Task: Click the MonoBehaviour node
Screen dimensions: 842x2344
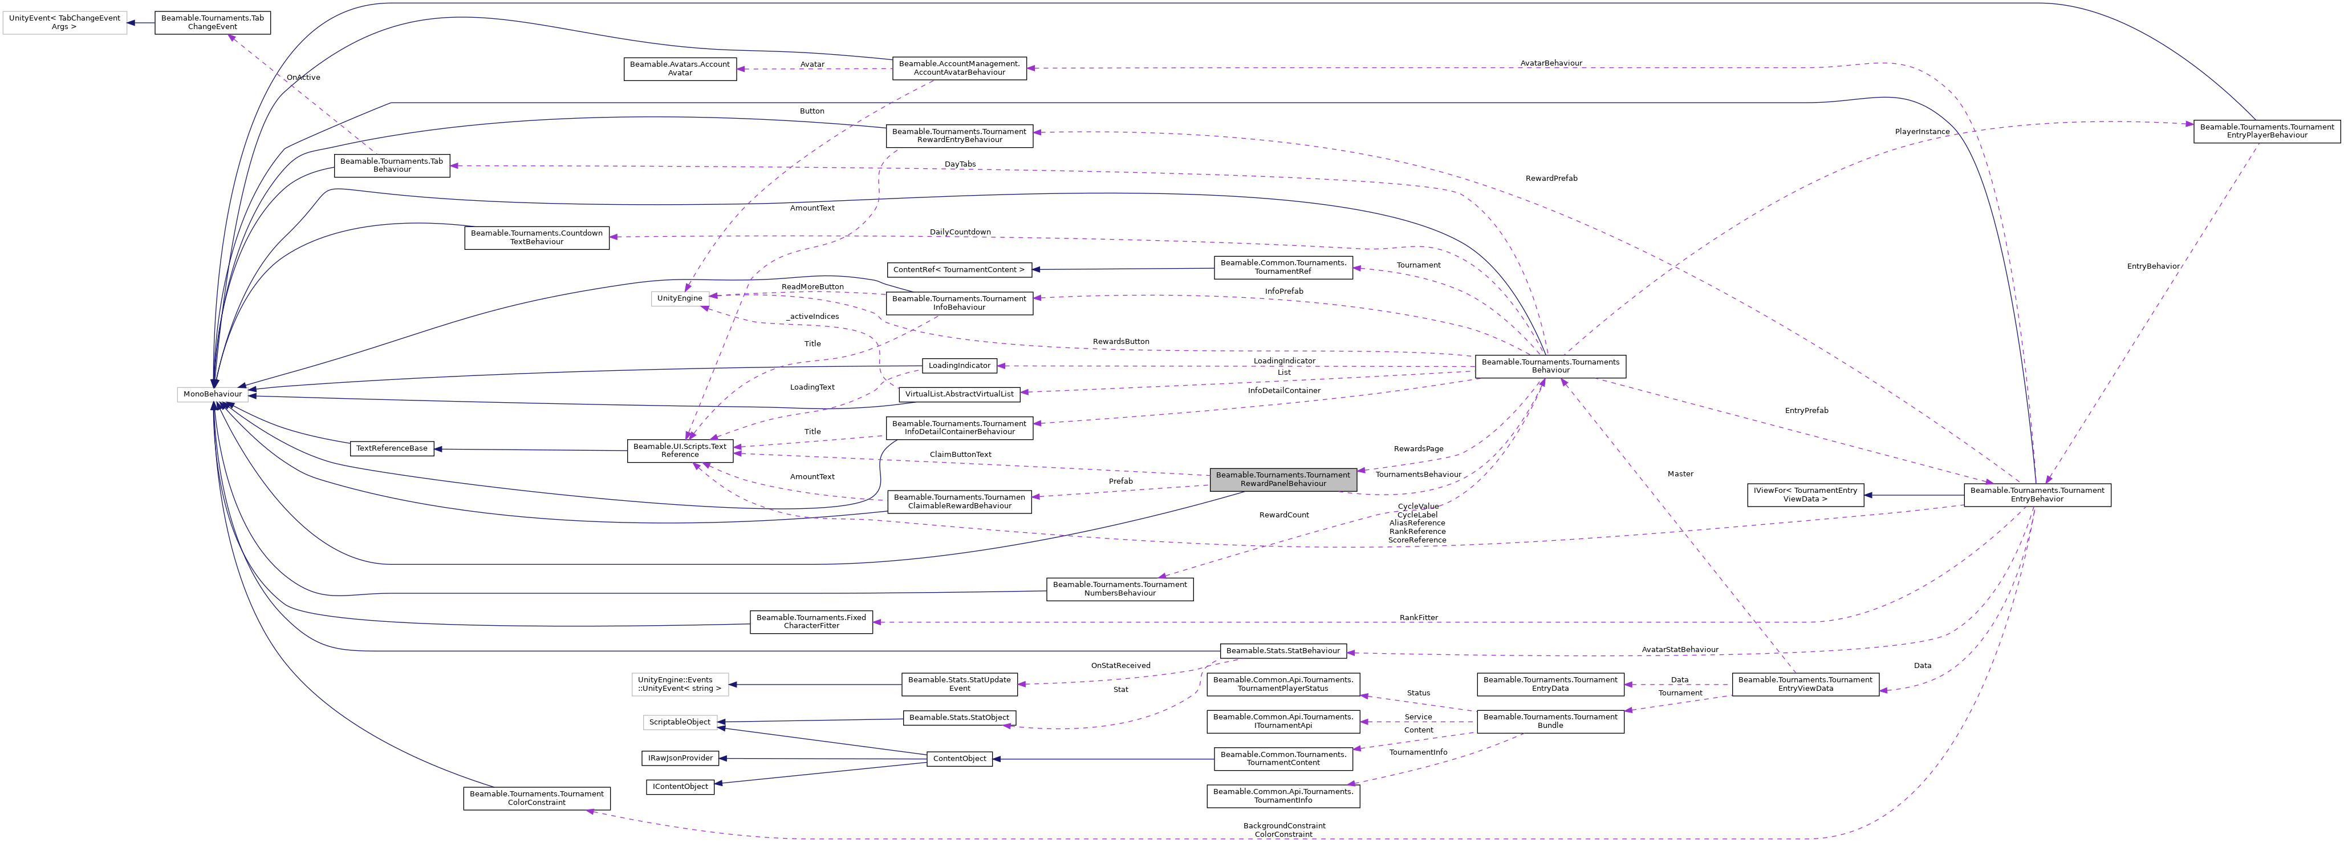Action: click(212, 394)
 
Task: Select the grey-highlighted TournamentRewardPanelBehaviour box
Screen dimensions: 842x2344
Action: click(1282, 479)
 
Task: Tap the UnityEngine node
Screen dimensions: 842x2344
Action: click(680, 298)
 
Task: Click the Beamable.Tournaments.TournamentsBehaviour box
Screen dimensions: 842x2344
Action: click(1550, 366)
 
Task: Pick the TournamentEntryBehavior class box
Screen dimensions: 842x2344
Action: click(2037, 494)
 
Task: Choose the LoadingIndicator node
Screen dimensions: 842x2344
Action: click(959, 365)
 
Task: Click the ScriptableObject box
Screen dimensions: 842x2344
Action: click(680, 722)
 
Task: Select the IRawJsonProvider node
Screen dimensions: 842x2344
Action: click(680, 758)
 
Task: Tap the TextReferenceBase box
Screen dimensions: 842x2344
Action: click(391, 448)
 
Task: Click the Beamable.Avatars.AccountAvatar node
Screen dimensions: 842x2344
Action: click(680, 68)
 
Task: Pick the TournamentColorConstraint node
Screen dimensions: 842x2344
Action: click(536, 798)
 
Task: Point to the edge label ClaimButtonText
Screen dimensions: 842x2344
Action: click(960, 454)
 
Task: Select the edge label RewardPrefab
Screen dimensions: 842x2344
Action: click(1551, 179)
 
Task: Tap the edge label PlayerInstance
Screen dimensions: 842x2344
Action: click(1922, 132)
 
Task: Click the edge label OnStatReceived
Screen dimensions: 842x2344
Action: click(1120, 665)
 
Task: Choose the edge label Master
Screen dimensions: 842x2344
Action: click(1680, 474)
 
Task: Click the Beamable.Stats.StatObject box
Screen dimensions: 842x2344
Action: click(959, 717)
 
